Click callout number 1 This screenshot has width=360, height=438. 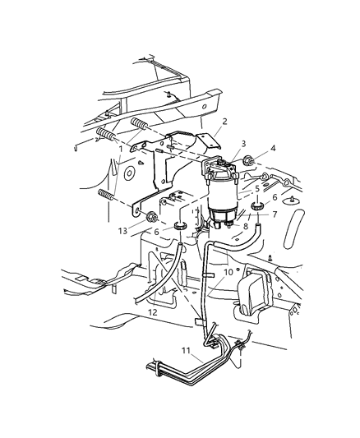(x=120, y=149)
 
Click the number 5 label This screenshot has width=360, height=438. (x=256, y=187)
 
